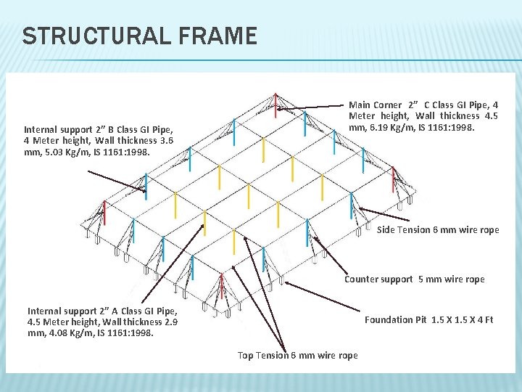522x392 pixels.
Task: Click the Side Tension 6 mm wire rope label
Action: coord(438,229)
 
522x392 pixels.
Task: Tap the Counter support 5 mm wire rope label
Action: coord(414,279)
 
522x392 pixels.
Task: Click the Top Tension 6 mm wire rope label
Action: coord(297,355)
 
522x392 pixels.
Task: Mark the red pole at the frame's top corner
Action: coord(275,106)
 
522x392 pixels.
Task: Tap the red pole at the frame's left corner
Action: coord(104,212)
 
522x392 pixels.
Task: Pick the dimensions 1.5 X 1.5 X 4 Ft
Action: coord(462,319)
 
